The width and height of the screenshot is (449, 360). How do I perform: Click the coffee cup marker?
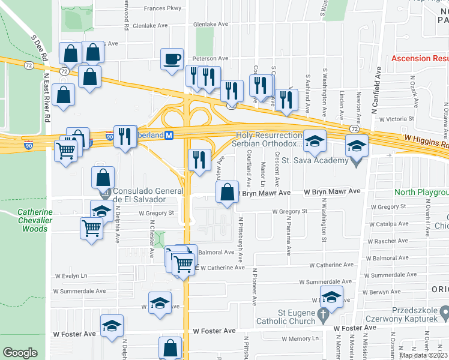pyautogui.click(x=172, y=59)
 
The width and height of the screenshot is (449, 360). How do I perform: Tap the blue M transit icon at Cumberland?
pyautogui.click(x=169, y=135)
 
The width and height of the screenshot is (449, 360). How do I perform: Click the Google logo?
pyautogui.click(x=20, y=353)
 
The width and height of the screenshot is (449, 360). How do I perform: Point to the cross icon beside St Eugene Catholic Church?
pyautogui.click(x=322, y=314)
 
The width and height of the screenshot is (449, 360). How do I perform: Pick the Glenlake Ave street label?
pyautogui.click(x=211, y=25)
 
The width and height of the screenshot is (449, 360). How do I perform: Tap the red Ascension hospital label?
pyautogui.click(x=420, y=58)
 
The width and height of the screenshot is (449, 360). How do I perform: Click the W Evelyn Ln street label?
pyautogui.click(x=71, y=275)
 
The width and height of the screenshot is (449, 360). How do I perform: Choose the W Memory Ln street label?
pyautogui.click(x=288, y=339)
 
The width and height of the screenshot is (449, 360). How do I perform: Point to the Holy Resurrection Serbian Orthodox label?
pyautogui.click(x=269, y=140)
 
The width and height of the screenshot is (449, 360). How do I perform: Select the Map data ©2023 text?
pyautogui.click(x=424, y=355)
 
